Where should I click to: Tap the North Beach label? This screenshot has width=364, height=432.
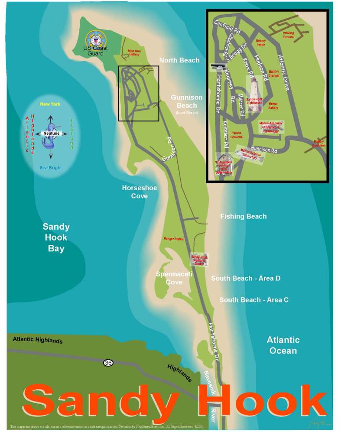pos(179,60)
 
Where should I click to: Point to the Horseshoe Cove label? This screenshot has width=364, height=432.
pos(139,192)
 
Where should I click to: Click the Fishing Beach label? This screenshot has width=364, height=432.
pos(243,216)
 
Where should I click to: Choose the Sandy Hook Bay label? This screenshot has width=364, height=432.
pos(56,237)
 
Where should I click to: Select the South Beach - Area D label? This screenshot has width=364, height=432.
pos(246,278)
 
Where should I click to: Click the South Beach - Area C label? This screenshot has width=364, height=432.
pos(254,300)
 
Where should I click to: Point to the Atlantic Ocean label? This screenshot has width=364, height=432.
pos(283,345)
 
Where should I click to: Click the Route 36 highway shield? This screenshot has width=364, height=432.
pos(108,362)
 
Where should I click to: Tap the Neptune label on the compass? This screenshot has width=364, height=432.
pos(50,133)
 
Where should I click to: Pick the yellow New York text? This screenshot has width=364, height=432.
pos(50,104)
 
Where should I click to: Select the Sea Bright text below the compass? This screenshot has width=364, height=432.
pos(50,168)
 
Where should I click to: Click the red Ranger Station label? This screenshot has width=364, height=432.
pos(174,239)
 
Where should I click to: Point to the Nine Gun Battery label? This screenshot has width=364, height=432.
pos(136,52)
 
